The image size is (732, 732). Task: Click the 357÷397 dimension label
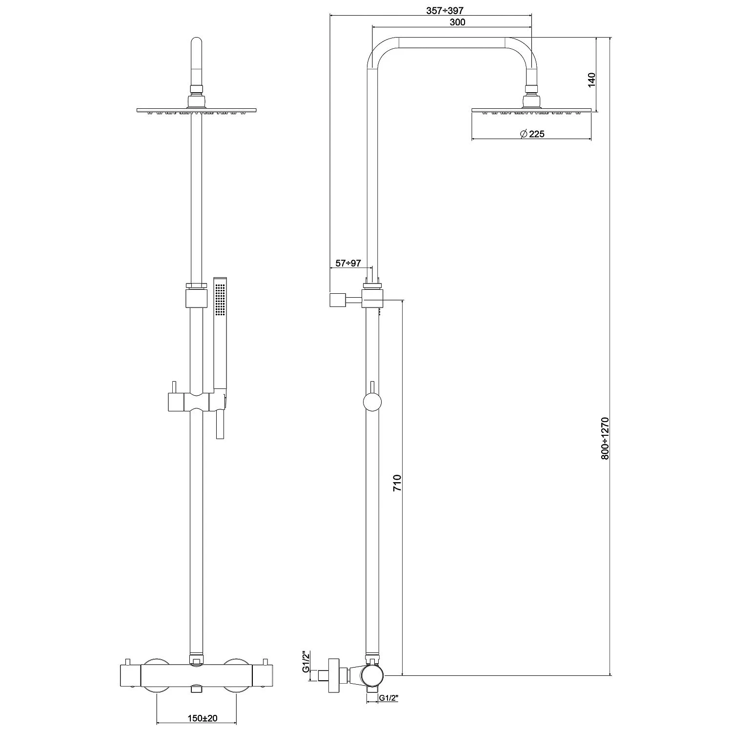[445, 11]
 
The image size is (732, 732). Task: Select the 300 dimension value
[457, 22]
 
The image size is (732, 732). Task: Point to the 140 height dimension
[592, 79]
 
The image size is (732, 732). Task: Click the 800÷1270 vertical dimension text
[605, 438]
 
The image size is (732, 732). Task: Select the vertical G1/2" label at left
[306, 661]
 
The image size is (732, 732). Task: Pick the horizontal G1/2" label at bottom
[389, 698]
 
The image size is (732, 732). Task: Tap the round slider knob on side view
[372, 403]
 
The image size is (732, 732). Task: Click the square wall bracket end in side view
[337, 300]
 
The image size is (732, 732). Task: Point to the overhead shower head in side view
[532, 110]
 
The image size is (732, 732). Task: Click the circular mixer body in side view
[372, 676]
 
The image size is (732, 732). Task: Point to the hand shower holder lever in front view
[219, 426]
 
